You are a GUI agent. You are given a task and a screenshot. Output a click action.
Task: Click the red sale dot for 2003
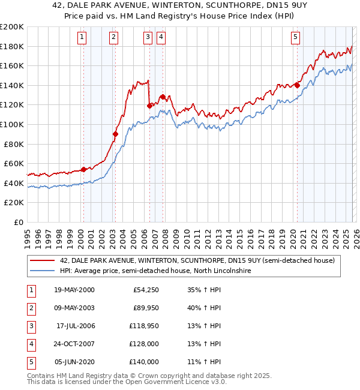[x=115, y=134]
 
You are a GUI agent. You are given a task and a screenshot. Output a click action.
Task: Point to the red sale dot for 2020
[x=297, y=85]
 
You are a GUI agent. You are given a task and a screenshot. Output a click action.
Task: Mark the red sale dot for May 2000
[x=83, y=169]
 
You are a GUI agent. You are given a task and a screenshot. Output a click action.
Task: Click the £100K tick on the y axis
[x=13, y=124]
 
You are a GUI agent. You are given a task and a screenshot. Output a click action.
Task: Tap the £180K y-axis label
[x=13, y=46]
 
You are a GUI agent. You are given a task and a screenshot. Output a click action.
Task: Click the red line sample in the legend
[x=42, y=260]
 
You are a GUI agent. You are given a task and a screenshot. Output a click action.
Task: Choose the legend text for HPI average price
[x=155, y=271]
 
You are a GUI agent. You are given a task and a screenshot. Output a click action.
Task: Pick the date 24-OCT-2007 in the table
[x=74, y=344]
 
